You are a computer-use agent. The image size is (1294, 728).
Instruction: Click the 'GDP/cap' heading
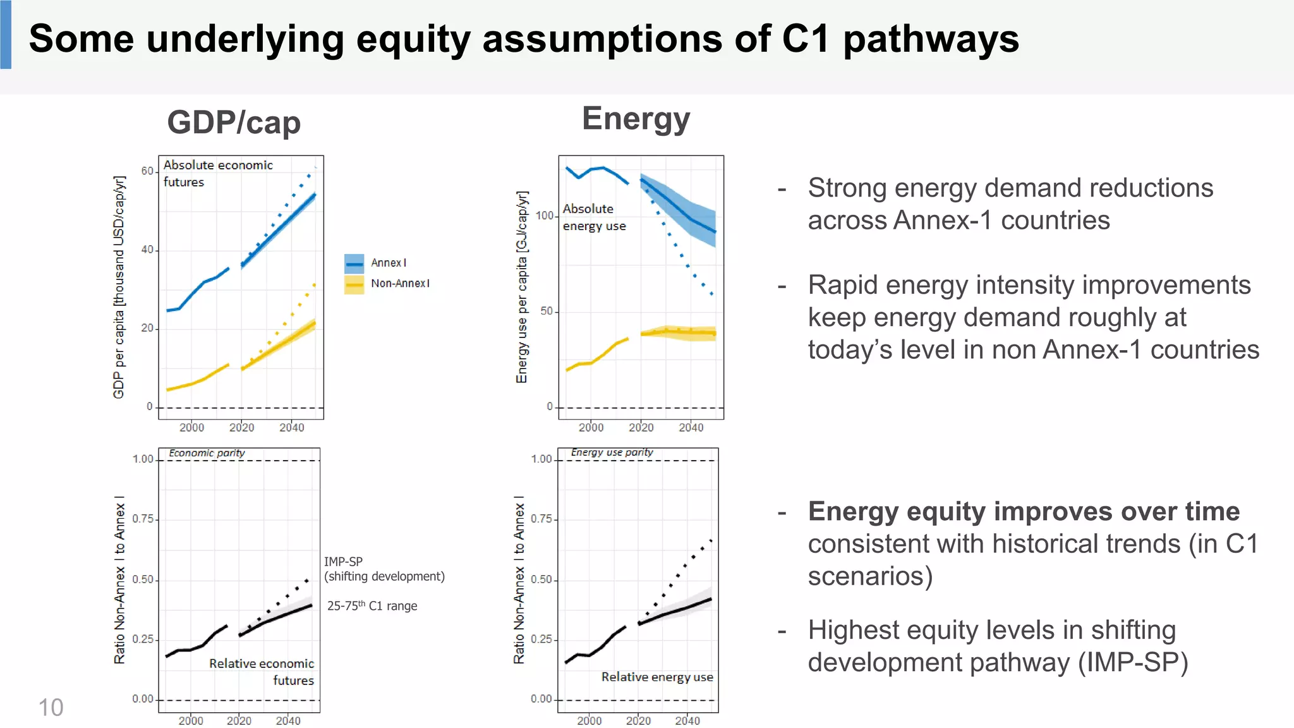click(x=234, y=122)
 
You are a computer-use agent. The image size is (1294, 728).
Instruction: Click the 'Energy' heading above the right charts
click(x=636, y=118)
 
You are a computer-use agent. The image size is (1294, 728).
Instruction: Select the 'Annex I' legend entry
click(x=388, y=263)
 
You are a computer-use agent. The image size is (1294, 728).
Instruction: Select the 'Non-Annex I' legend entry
click(x=400, y=284)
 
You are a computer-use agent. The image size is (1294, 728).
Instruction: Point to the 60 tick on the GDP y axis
click(x=147, y=171)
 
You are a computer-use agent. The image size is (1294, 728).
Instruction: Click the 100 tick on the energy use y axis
click(x=545, y=215)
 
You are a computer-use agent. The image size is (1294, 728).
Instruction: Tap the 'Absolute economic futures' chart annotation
click(x=217, y=173)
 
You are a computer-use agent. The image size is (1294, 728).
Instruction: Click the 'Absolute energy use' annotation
click(x=594, y=217)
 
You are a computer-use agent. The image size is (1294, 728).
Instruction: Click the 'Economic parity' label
click(x=207, y=453)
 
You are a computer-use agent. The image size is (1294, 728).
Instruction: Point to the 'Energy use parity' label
click(x=612, y=452)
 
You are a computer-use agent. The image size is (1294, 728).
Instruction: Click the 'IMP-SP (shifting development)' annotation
click(x=384, y=569)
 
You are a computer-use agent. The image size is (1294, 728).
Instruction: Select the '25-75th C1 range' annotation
click(x=372, y=605)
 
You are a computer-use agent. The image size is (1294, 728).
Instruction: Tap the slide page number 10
click(x=51, y=707)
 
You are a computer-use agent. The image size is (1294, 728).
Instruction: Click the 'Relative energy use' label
click(x=657, y=677)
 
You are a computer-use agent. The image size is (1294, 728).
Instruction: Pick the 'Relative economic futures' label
click(x=262, y=672)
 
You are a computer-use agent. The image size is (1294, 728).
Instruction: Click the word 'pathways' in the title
click(x=931, y=39)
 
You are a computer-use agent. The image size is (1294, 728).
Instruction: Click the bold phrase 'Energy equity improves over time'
click(x=1024, y=511)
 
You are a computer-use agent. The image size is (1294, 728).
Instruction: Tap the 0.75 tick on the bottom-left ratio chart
click(x=143, y=519)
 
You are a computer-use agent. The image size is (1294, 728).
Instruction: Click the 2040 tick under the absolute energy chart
click(x=691, y=428)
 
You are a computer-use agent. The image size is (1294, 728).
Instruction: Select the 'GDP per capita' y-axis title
click(x=119, y=288)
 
